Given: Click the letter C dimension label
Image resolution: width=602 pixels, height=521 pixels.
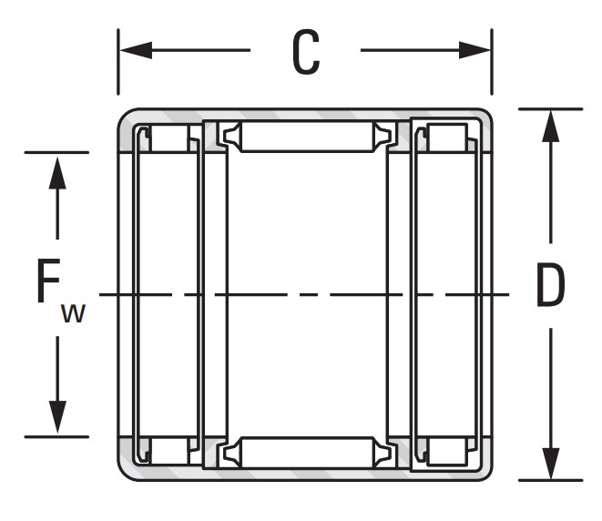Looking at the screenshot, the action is tap(306, 52).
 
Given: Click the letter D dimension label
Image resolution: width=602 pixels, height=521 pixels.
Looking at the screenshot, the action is tap(550, 285).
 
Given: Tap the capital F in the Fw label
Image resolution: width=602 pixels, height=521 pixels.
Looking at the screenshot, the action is tap(49, 281).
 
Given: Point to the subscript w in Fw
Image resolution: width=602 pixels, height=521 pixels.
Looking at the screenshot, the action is tap(73, 313).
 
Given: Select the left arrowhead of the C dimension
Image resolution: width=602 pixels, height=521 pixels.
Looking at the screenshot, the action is tap(136, 50).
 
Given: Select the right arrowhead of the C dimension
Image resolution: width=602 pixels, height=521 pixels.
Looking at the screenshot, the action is tap(474, 50).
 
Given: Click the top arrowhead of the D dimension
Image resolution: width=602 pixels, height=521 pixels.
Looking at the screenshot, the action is tap(551, 126).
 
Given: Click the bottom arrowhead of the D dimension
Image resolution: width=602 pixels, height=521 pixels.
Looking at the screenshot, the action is tap(551, 464).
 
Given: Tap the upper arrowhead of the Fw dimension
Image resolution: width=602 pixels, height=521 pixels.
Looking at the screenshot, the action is tap(57, 173).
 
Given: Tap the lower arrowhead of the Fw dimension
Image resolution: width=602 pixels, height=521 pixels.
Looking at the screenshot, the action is tap(57, 417).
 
